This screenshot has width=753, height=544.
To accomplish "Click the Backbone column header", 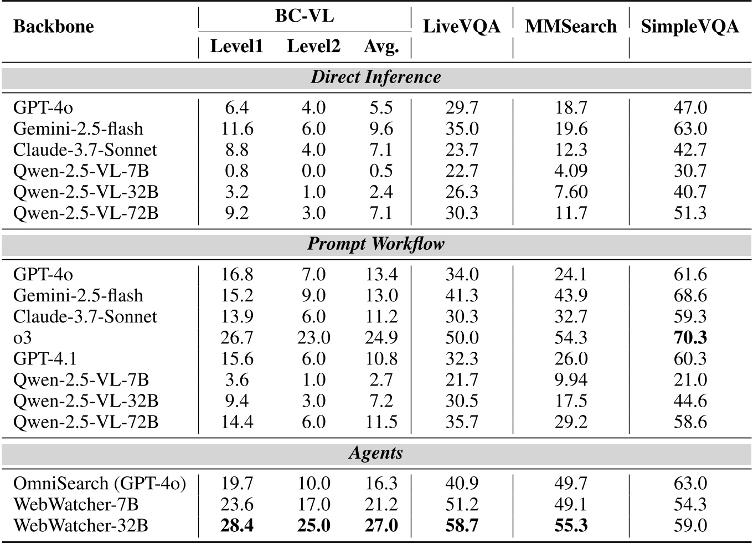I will pyautogui.click(x=53, y=27).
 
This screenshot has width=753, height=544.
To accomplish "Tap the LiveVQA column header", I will pyautogui.click(x=461, y=27).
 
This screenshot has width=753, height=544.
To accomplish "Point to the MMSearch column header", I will pyautogui.click(x=570, y=27).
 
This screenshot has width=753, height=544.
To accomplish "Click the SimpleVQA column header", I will pyautogui.click(x=689, y=27).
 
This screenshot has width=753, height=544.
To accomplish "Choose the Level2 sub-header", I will pyautogui.click(x=313, y=47).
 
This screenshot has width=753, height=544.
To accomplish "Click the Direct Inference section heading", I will pyautogui.click(x=376, y=77).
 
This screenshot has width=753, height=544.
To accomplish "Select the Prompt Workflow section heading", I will pyautogui.click(x=376, y=244).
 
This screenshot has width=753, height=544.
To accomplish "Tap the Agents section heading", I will pyautogui.click(x=376, y=453).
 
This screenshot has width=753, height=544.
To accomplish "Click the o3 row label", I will pyautogui.click(x=23, y=338).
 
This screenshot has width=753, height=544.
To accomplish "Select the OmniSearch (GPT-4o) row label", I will pyautogui.click(x=100, y=484).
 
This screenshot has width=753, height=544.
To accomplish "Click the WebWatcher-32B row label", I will pyautogui.click(x=81, y=526).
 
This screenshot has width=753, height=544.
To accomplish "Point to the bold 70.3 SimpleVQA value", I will pyautogui.click(x=690, y=338).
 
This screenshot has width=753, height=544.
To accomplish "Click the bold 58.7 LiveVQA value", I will pyautogui.click(x=462, y=526).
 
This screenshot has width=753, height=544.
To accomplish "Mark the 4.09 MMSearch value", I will pyautogui.click(x=571, y=171).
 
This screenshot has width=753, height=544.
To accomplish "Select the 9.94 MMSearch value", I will pyautogui.click(x=571, y=380).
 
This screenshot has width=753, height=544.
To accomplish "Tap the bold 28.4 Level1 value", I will pyautogui.click(x=237, y=526).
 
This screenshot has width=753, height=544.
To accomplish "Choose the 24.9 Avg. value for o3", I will pyautogui.click(x=381, y=338).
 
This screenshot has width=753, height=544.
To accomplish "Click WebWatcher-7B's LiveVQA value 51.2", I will pyautogui.click(x=462, y=505).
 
